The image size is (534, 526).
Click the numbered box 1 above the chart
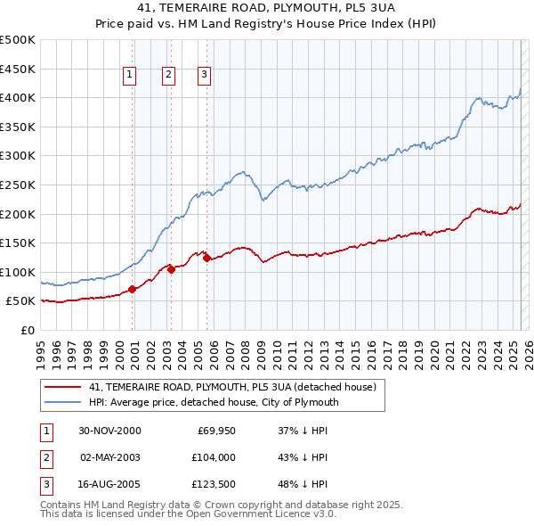(x=130, y=76)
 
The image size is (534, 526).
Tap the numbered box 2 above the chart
(x=168, y=76)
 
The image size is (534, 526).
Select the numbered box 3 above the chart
(x=204, y=76)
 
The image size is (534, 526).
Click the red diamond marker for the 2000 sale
(x=133, y=289)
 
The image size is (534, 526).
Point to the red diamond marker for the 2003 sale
(x=171, y=269)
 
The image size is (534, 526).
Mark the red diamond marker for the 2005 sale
(x=206, y=258)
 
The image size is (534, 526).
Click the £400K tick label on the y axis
(x=19, y=97)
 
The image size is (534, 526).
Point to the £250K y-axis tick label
(x=19, y=185)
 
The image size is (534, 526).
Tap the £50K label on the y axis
(x=21, y=301)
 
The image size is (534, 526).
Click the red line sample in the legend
(x=63, y=387)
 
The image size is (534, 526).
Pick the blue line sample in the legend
(x=63, y=402)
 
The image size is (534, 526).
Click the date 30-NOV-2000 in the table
(x=110, y=431)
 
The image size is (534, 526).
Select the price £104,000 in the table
(x=211, y=458)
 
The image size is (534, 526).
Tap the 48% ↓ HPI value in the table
(x=303, y=486)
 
